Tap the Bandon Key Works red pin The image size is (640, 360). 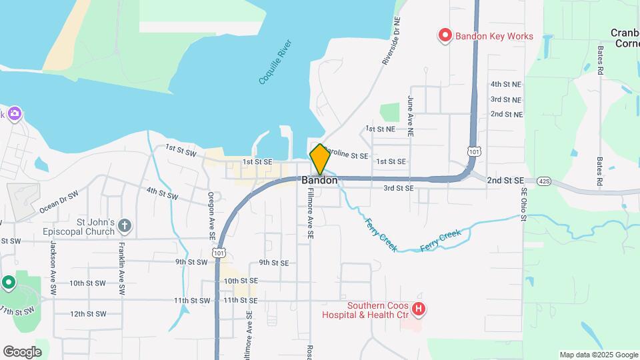tap(445, 35)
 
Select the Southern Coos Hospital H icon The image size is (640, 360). tap(419, 309)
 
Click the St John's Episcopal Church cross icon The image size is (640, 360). tap(124, 227)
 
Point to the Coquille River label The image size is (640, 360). tap(271, 61)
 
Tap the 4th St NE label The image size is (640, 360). tap(506, 85)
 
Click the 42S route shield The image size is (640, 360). tap(545, 181)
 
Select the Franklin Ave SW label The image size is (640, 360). tap(122, 267)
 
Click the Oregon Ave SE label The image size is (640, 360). tap(211, 215)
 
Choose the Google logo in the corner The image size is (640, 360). tap(22, 352)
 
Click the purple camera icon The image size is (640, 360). tap(14, 113)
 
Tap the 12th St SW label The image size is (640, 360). tap(88, 314)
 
